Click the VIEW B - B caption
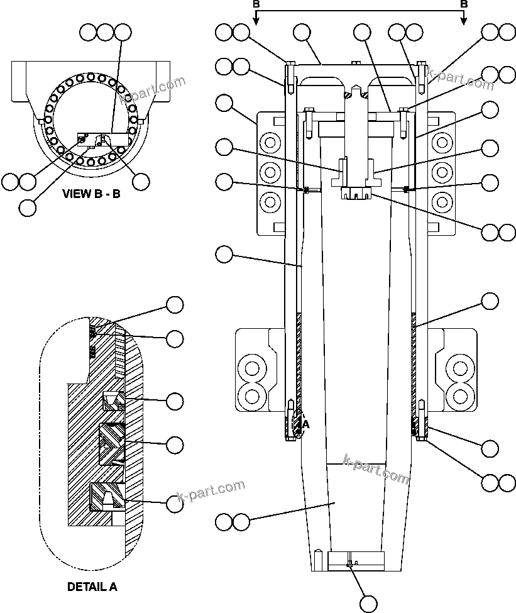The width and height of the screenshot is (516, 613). point(91,194)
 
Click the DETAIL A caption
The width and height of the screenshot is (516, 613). point(92,587)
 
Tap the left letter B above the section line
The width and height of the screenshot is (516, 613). point(256,4)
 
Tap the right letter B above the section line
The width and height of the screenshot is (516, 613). point(464,4)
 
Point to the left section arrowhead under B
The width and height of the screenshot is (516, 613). point(256,21)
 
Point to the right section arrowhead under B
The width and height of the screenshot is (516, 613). point(464,21)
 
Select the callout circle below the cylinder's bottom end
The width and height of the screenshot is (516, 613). point(368,603)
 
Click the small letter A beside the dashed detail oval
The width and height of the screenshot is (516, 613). point(306,424)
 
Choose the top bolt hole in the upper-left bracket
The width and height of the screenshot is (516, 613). point(270,143)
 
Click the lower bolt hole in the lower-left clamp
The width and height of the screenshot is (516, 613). point(253,395)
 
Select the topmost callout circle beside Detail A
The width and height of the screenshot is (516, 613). point(175,305)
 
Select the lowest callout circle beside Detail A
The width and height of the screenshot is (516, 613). point(175,504)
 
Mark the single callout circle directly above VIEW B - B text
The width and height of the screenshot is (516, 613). point(28,207)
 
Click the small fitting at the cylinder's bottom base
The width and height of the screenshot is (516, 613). point(350,564)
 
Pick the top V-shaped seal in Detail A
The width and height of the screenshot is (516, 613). point(114,400)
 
